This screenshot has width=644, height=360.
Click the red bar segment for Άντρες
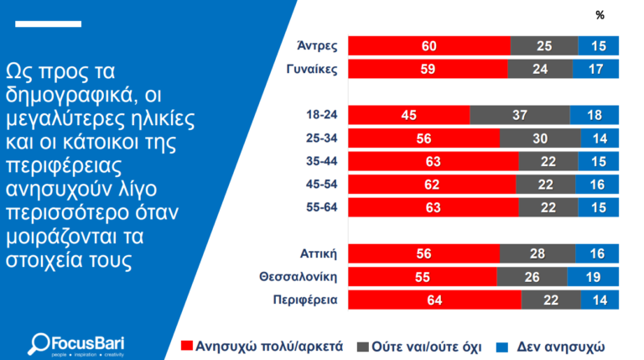click(428, 45)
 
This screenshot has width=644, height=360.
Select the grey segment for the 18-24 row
click(519, 115)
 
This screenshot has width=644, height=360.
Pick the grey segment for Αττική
click(538, 253)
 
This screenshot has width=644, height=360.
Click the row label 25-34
click(323, 138)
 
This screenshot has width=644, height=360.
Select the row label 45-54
click(323, 183)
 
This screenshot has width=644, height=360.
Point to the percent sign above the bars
click(600, 14)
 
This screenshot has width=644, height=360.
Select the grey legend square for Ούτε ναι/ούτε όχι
click(362, 344)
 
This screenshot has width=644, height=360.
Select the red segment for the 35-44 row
click(433, 160)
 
